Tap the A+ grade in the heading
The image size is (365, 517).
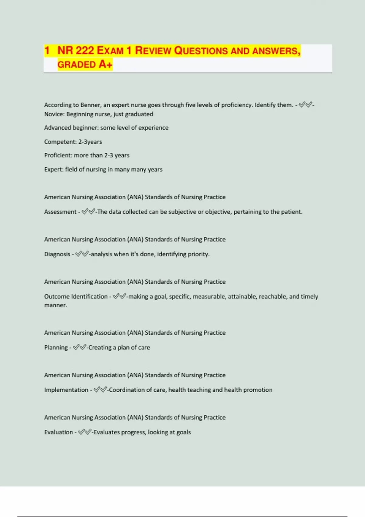click(x=106, y=64)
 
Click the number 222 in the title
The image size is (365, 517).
click(x=85, y=50)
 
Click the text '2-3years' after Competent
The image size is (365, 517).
click(x=90, y=142)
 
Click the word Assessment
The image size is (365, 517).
click(x=60, y=212)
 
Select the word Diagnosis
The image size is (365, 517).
click(x=57, y=254)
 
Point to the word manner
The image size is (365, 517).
click(x=55, y=305)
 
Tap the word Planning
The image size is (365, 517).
click(x=56, y=347)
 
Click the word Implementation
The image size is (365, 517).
click(x=66, y=390)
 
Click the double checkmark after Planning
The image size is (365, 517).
click(x=79, y=347)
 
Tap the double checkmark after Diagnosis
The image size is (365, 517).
click(x=82, y=254)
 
